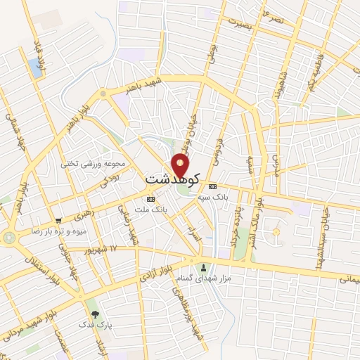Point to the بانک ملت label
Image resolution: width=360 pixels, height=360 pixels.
(x=151, y=209)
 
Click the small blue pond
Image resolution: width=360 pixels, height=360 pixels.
(x=35, y=68)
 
